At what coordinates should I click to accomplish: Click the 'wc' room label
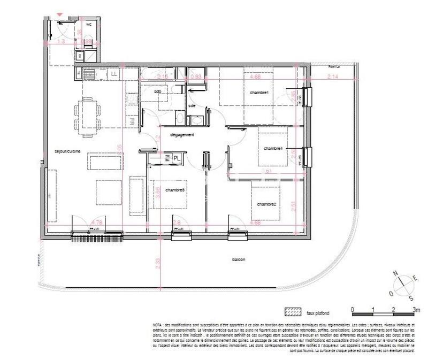click(x=89, y=24)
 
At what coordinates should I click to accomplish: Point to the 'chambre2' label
click(x=266, y=204)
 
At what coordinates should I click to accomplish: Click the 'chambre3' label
click(x=175, y=190)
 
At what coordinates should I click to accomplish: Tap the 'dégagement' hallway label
click(x=181, y=135)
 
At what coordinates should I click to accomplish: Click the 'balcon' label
click(x=239, y=260)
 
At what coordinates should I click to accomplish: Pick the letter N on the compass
click(x=396, y=273)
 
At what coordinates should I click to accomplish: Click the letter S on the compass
click(x=411, y=298)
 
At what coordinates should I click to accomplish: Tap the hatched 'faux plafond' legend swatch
click(x=293, y=312)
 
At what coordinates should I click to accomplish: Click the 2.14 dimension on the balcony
click(x=332, y=77)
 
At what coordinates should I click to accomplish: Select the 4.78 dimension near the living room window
click(x=97, y=222)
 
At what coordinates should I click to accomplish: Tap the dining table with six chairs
click(x=89, y=113)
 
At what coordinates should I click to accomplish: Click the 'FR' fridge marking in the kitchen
click(x=131, y=122)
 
